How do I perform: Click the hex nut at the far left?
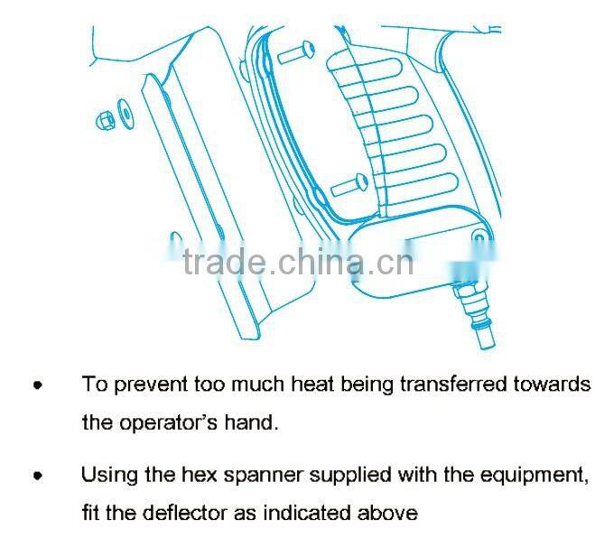click(106, 121)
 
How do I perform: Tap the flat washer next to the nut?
click(126, 115)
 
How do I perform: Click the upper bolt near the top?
click(296, 52)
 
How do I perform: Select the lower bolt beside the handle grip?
click(349, 185)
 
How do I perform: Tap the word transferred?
click(454, 385)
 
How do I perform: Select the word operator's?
click(169, 422)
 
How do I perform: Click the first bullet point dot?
click(38, 385)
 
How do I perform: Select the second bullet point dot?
click(38, 476)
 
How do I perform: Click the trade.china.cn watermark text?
click(298, 262)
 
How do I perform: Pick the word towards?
click(552, 385)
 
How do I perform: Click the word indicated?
click(307, 514)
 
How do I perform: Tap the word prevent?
click(151, 385)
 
